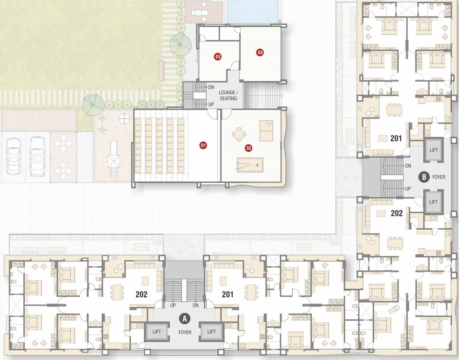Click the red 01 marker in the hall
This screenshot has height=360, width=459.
tap(203, 145)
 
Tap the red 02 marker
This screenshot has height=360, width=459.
tap(249, 148)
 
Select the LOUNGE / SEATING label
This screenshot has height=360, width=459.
tap(228, 96)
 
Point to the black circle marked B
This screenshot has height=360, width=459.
tap(424, 177)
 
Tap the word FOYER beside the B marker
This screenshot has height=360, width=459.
tap(439, 177)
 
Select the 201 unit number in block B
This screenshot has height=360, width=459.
tap(396, 138)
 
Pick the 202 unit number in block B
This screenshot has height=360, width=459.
tap(396, 213)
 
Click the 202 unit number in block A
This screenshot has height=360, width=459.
tap(141, 294)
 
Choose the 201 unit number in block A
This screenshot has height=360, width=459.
tap(228, 294)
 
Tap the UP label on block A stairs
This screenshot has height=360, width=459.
tap(173, 305)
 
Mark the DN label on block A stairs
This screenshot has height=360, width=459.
tap(196, 305)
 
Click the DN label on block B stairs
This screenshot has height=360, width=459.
tap(408, 165)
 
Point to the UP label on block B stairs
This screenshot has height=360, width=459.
tap(408, 188)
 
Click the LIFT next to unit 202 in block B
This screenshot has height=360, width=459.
tap(433, 202)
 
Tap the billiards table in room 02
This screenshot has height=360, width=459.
tap(250, 165)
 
